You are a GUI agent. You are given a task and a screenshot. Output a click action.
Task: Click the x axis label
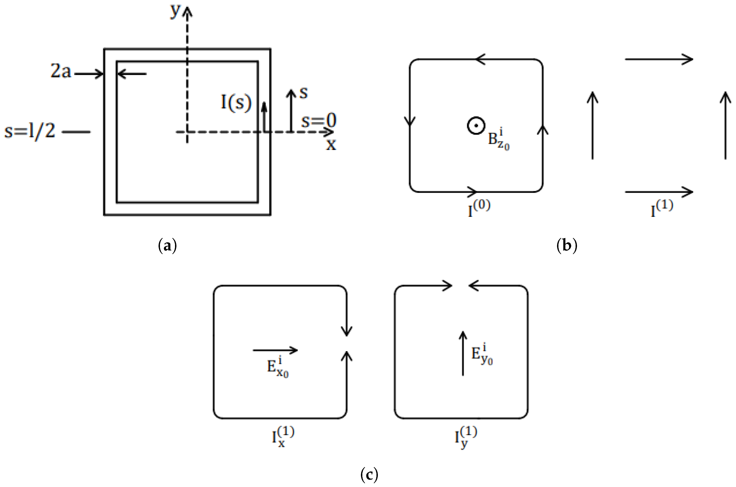(331, 144)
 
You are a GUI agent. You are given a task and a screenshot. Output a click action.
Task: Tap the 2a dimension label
(61, 71)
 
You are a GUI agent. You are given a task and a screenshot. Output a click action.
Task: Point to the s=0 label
(319, 120)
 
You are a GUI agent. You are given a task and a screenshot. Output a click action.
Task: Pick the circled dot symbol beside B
(476, 126)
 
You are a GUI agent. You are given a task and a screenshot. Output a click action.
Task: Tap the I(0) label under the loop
(479, 208)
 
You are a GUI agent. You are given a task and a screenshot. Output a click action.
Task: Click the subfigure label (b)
(567, 246)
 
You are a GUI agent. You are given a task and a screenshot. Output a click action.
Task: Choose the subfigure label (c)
(369, 474)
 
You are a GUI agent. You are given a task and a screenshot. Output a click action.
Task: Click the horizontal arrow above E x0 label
(275, 350)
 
